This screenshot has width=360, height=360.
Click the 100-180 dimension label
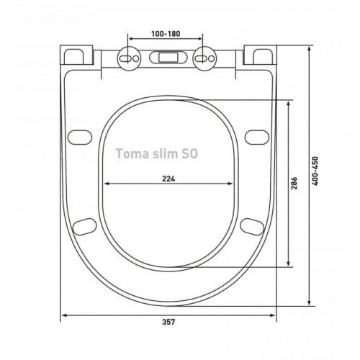pos(166,34)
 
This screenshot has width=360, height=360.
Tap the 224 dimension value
pos(168,179)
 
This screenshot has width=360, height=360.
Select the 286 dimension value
pos(294,183)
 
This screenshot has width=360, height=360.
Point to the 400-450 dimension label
pos(315,171)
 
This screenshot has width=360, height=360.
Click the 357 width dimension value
pos(168,322)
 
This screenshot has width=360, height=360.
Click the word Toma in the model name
pos(132,153)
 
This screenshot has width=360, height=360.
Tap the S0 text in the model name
pos(189,153)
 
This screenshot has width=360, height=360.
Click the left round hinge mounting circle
pos(129,58)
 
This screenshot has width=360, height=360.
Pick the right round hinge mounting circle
pos(204,58)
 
